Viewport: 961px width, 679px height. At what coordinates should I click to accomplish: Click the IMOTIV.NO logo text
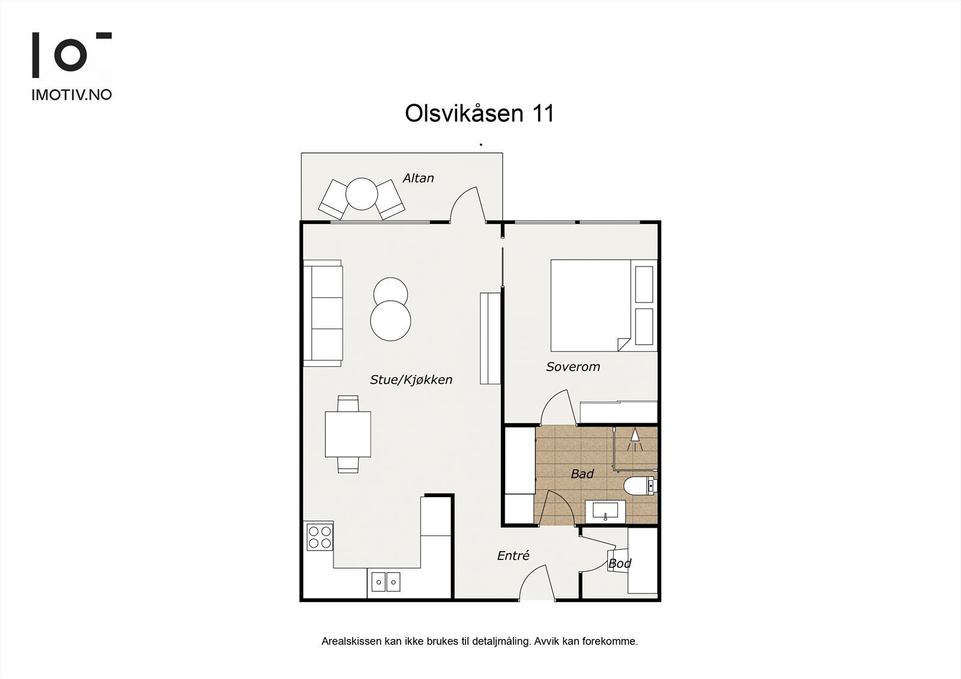(x=71, y=95)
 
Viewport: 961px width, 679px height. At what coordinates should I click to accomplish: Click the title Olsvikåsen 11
(x=479, y=113)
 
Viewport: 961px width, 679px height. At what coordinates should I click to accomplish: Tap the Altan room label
(x=418, y=178)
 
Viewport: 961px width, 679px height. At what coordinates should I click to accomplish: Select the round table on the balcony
(x=362, y=193)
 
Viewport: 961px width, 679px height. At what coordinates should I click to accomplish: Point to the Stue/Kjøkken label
(x=411, y=379)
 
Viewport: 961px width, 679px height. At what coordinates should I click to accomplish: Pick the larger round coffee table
(x=390, y=321)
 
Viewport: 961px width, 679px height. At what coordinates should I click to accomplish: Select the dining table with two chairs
(x=348, y=434)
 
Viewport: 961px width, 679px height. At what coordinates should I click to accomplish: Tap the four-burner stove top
(x=319, y=537)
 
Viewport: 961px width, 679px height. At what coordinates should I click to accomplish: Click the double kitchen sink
(x=386, y=581)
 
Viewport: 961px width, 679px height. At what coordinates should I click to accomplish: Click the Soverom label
(x=572, y=367)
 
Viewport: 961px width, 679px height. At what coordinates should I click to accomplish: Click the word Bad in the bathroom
(x=582, y=474)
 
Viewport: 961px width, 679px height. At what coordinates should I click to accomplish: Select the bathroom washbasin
(x=605, y=511)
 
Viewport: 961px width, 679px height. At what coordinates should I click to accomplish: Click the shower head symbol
(x=635, y=441)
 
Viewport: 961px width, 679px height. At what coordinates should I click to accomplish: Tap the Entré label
(x=513, y=556)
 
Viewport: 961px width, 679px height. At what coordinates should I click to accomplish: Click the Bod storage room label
(x=620, y=564)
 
